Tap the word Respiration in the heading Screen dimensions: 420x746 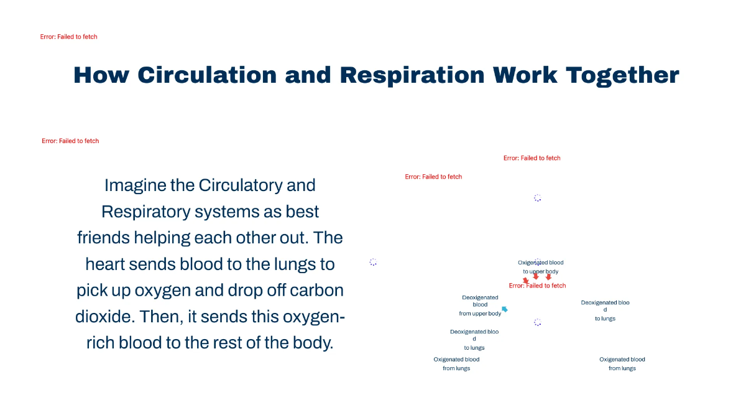pos(412,75)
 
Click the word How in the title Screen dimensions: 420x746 pos(101,75)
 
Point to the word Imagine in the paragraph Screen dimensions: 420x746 pos(136,185)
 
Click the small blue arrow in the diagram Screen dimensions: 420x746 pos(505,309)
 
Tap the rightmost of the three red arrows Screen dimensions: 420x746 pos(548,277)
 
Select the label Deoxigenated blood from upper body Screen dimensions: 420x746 pos(480,306)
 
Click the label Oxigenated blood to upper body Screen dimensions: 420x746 pos(541,266)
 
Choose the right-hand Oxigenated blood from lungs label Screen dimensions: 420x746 pos(622,364)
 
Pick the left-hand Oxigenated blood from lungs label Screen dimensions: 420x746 pos(456,364)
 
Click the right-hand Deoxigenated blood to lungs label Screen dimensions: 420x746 pos(605,310)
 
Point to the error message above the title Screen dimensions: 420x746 pos(69,37)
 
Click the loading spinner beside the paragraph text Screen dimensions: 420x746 pos(373,262)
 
